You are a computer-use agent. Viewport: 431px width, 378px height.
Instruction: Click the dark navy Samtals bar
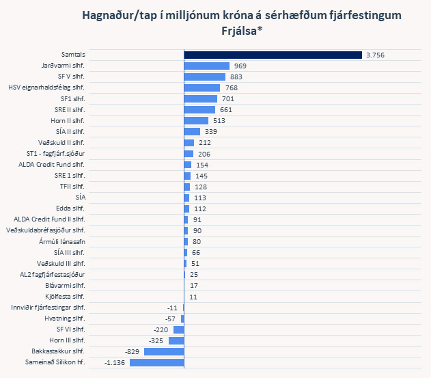273,55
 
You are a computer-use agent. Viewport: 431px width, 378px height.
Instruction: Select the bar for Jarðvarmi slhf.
206,66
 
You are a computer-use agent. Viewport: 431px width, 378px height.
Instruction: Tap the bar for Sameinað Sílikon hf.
156,362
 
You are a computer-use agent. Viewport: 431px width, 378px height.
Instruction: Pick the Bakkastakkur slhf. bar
163,351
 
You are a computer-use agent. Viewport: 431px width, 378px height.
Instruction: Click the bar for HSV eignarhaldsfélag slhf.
201,87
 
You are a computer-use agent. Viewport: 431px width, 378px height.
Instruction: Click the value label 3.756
376,55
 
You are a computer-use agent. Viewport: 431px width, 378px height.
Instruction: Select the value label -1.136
116,362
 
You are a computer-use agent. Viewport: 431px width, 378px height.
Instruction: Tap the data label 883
237,77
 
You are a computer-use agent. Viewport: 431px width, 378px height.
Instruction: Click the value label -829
133,351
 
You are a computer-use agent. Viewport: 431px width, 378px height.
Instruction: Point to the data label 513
219,120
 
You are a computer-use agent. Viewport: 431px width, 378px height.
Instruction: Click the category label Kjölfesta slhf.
65,297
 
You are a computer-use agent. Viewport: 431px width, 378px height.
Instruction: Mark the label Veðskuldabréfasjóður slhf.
45,230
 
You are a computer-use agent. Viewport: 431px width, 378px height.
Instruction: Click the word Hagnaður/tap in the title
116,15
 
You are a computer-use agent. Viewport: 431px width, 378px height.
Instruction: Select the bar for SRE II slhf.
199,109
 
